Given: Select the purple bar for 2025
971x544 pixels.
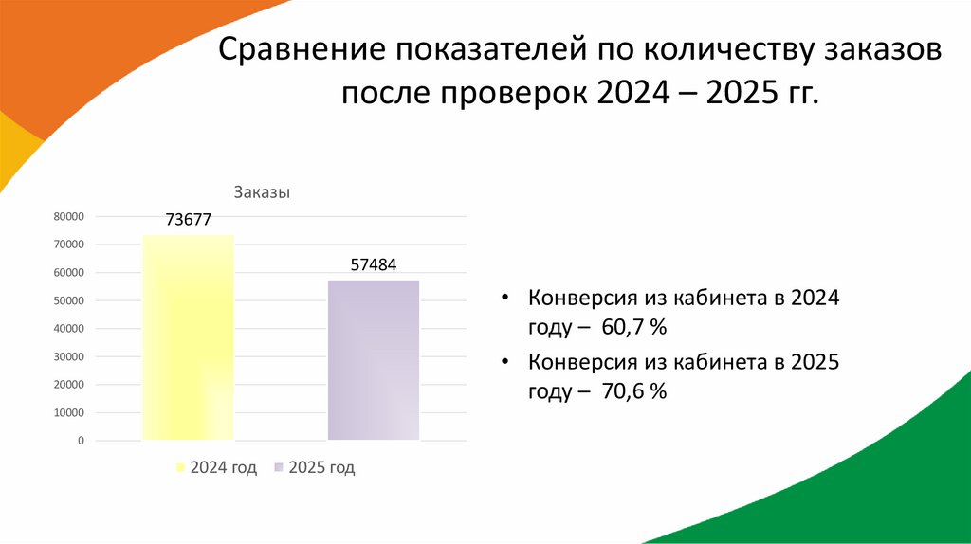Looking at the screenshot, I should point(374,360).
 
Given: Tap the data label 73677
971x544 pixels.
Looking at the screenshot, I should point(188,220).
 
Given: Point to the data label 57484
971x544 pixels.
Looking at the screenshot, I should point(374,265).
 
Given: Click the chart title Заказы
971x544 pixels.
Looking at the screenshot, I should point(262,192).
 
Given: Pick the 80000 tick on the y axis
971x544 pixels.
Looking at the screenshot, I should point(69,217).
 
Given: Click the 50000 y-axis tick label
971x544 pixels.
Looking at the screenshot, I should point(69,300).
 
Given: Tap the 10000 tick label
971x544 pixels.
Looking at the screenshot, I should point(69,413).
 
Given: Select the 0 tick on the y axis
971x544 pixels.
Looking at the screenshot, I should point(82,441).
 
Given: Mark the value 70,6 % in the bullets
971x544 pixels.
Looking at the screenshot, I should point(634,390).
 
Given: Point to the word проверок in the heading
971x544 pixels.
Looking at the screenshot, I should point(512,95).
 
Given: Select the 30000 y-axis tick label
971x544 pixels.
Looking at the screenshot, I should point(69,357).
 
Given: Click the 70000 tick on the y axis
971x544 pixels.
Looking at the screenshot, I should point(69,245).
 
